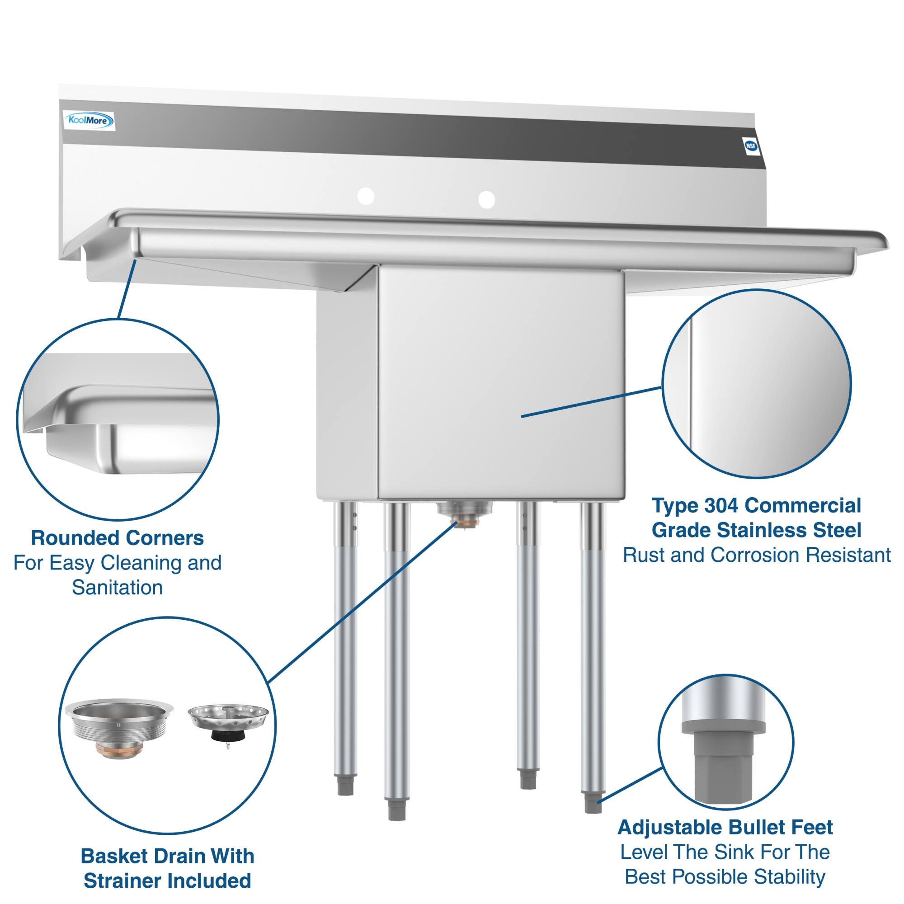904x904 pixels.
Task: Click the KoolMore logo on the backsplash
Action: click(89, 121)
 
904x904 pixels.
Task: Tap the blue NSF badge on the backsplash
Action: click(750, 146)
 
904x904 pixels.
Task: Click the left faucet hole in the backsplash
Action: click(366, 196)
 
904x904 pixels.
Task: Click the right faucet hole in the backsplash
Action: click(487, 199)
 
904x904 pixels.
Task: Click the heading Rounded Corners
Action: click(117, 538)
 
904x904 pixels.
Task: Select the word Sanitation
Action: click(117, 588)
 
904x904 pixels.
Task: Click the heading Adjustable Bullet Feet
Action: click(725, 827)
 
